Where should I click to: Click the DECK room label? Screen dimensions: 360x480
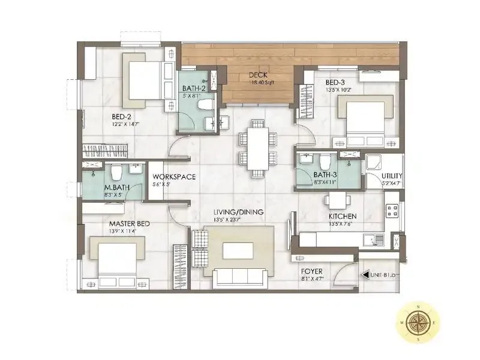click(259, 75)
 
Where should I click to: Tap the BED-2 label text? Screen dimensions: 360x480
click(123, 116)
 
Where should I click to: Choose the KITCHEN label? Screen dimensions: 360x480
click(343, 217)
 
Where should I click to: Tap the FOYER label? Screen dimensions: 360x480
click(312, 271)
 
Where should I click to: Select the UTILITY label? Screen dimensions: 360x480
click(392, 176)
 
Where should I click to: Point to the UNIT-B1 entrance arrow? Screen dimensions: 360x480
click(364, 275)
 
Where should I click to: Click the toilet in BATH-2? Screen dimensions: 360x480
click(205, 104)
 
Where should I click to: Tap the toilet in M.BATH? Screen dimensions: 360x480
click(116, 173)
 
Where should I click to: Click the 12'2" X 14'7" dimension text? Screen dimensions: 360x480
click(126, 124)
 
